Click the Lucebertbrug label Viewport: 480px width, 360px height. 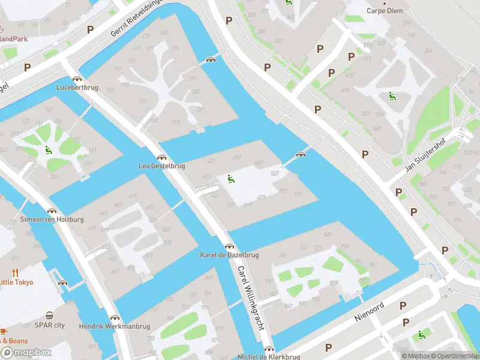coord(77,87)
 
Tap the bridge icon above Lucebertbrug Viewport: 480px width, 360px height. coord(77,79)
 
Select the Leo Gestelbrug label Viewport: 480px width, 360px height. coord(161,166)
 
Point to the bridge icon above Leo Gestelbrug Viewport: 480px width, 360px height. coord(161,157)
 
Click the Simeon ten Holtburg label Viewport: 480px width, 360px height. coord(53,220)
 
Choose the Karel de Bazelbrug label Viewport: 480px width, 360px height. coord(229,255)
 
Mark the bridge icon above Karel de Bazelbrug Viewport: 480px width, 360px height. coord(229,246)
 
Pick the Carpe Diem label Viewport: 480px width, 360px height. coord(386,11)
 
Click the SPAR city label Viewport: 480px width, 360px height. coord(49,325)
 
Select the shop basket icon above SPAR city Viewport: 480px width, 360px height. coord(49,316)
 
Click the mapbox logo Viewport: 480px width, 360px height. coord(26,353)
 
